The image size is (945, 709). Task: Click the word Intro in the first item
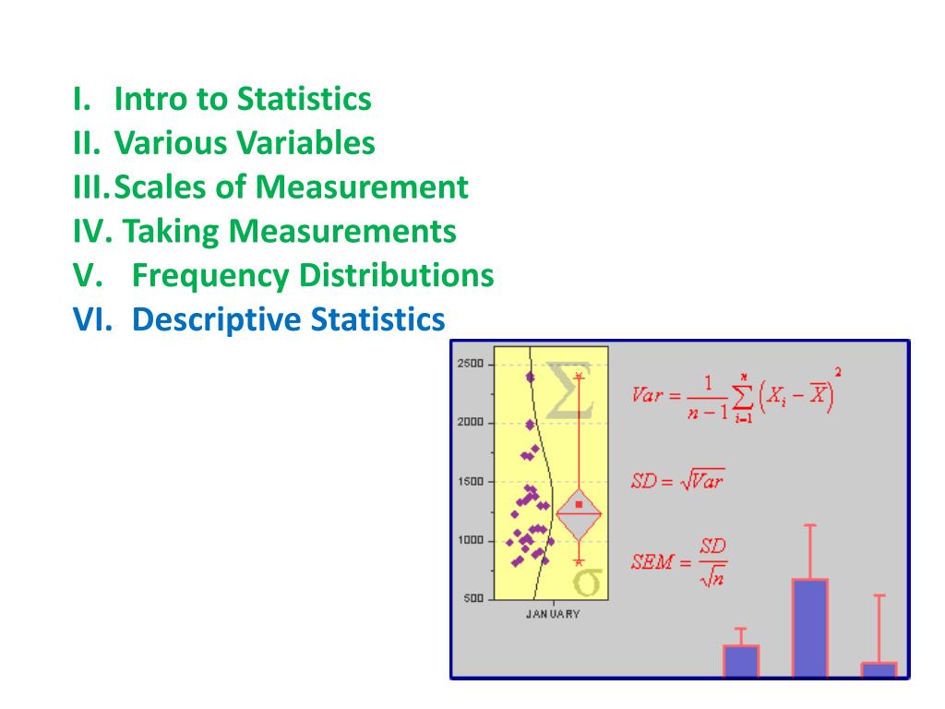tap(151, 98)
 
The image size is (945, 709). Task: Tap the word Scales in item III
tap(160, 186)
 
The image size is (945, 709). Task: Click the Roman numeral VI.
tap(92, 319)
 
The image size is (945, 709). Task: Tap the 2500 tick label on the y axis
tap(470, 364)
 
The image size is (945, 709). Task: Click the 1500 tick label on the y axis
tap(470, 482)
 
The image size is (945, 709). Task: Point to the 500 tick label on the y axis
tap(473, 598)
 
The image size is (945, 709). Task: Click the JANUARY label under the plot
tap(553, 614)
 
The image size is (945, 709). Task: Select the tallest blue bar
tap(809, 628)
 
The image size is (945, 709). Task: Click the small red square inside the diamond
tap(579, 504)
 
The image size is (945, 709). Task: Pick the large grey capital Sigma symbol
tap(568, 391)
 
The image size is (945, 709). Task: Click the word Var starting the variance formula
tap(647, 395)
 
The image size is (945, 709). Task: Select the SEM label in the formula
tap(652, 562)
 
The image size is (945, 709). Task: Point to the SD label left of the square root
tap(643, 481)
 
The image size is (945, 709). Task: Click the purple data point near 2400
tap(531, 378)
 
